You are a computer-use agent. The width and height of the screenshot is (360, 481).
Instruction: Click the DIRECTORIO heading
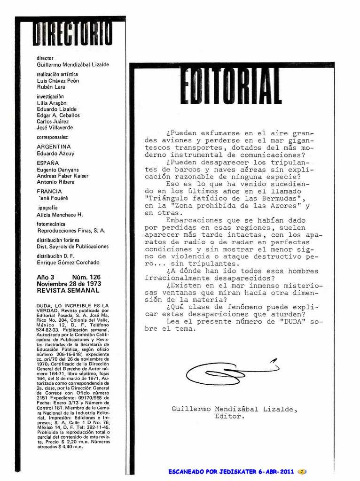[72, 34]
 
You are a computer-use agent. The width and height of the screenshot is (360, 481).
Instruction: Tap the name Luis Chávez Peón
[58, 81]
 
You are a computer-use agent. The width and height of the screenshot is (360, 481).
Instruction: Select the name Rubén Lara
[51, 87]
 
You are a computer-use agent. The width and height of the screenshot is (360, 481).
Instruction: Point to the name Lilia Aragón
[52, 103]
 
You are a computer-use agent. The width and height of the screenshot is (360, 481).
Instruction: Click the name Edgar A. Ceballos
[58, 115]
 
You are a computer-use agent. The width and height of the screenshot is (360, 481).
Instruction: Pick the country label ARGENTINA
[54, 147]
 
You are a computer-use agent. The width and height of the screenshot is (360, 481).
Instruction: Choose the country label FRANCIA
[49, 191]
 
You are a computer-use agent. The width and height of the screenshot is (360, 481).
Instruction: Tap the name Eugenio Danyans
[58, 170]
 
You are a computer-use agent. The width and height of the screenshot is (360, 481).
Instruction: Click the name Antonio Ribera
[55, 182]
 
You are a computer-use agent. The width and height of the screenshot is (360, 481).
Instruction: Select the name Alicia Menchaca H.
[60, 215]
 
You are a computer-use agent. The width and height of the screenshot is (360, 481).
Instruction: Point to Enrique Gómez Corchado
[68, 262]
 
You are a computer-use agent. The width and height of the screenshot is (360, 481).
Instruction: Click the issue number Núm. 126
[86, 278]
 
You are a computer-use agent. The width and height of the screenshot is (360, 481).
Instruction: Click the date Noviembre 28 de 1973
[69, 284]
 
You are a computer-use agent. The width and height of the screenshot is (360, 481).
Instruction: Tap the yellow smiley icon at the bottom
[302, 472]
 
